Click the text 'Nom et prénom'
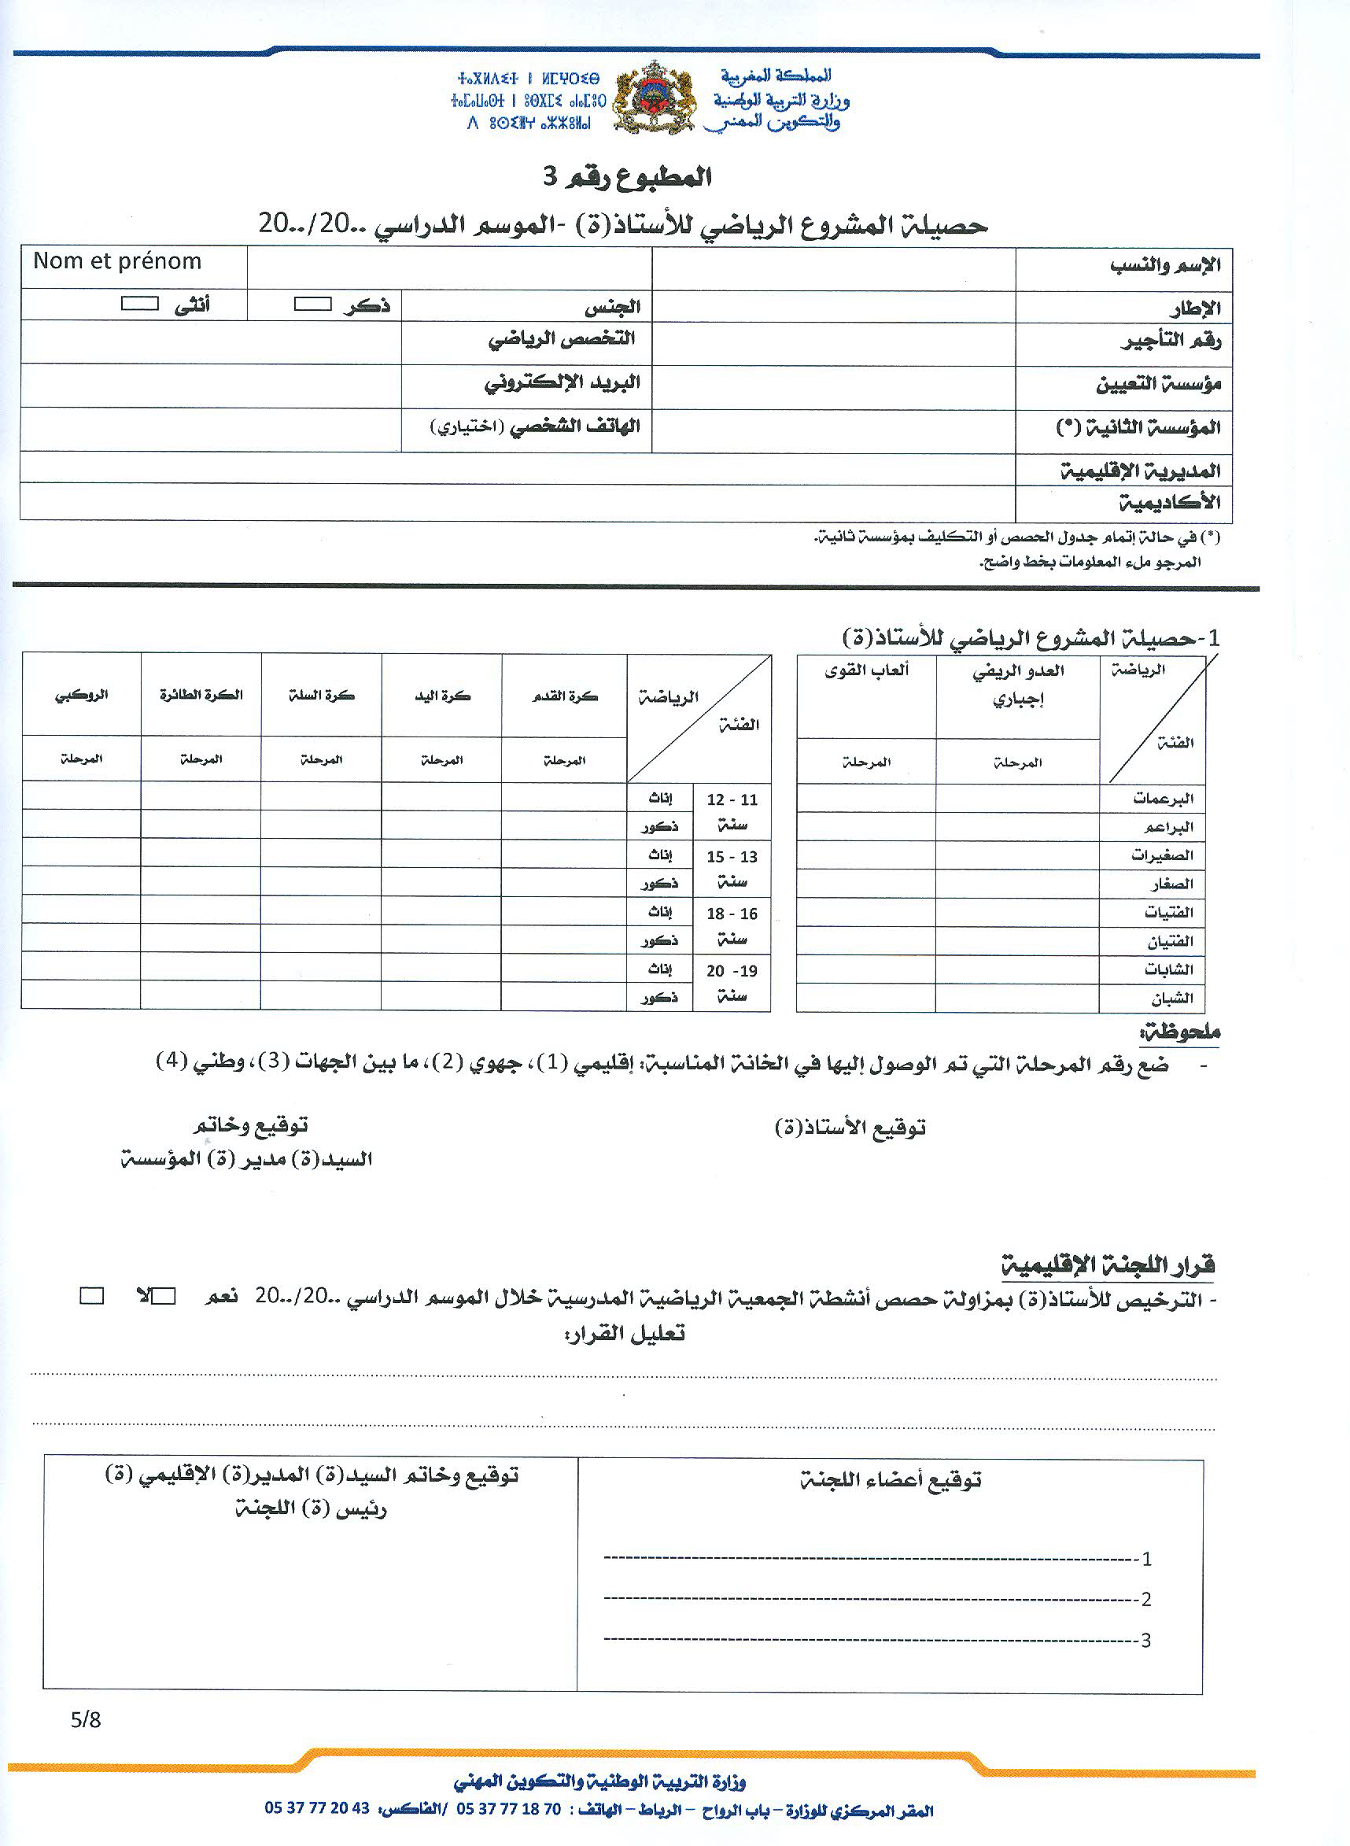point(117,261)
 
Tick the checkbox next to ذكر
point(312,305)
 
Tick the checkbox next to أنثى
point(140,304)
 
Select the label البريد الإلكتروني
point(562,382)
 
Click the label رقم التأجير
point(1170,342)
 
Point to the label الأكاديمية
point(1169,503)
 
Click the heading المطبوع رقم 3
point(627,176)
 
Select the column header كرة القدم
point(565,696)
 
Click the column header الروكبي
point(82,696)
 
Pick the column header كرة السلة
point(321,696)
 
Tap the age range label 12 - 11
point(732,799)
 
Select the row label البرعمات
point(1162,799)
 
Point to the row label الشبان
point(1171,999)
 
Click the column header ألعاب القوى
point(866,671)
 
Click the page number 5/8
point(85,1720)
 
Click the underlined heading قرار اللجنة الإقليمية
point(1108,1266)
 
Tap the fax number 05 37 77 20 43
point(317,1808)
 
